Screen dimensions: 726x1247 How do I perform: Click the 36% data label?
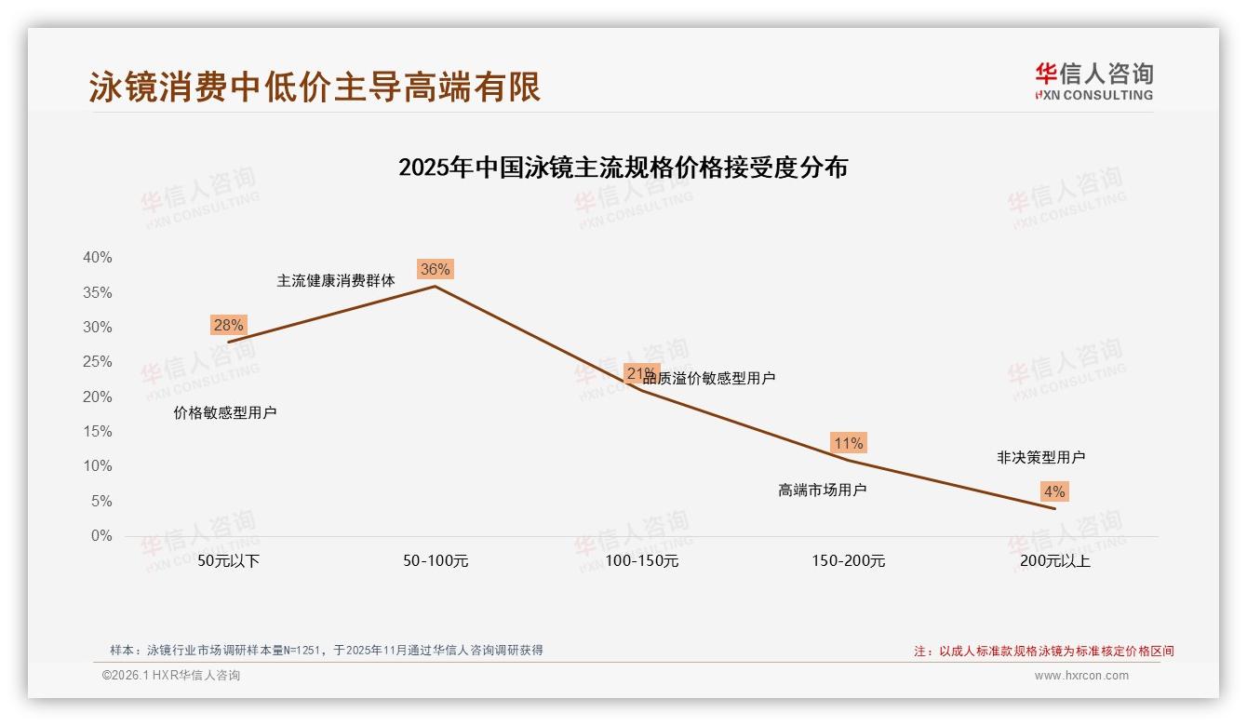pos(435,270)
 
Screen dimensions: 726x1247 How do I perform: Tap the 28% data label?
pos(228,325)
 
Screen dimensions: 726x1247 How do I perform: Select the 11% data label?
pos(848,443)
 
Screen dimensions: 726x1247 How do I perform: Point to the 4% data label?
pos(1054,491)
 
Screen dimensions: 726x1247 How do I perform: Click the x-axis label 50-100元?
pos(436,561)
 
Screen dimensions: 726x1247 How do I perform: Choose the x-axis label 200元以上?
pos(1054,561)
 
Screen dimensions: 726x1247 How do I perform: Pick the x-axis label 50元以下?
pos(229,561)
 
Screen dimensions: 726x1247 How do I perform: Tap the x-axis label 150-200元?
pos(848,561)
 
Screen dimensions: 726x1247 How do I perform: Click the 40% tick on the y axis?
pos(97,258)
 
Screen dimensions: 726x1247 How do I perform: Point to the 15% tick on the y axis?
pos(97,432)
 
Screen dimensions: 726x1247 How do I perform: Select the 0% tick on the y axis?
pos(101,536)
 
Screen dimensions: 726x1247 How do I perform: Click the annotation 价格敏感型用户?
pos(225,413)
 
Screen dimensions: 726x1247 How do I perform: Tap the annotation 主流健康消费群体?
pos(336,280)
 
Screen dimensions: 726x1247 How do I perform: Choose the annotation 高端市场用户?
pos(823,490)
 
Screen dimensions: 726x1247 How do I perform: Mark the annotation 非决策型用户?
pos(1040,458)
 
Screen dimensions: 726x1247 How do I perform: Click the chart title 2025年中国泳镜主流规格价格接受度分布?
pos(623,168)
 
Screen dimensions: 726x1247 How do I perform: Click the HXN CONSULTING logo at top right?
pos(1093,82)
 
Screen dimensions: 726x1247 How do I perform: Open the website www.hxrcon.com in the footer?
pos(1081,676)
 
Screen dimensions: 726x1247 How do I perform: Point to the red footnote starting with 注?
pos(1044,652)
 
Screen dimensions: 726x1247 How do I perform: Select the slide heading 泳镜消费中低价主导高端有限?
pos(315,87)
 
